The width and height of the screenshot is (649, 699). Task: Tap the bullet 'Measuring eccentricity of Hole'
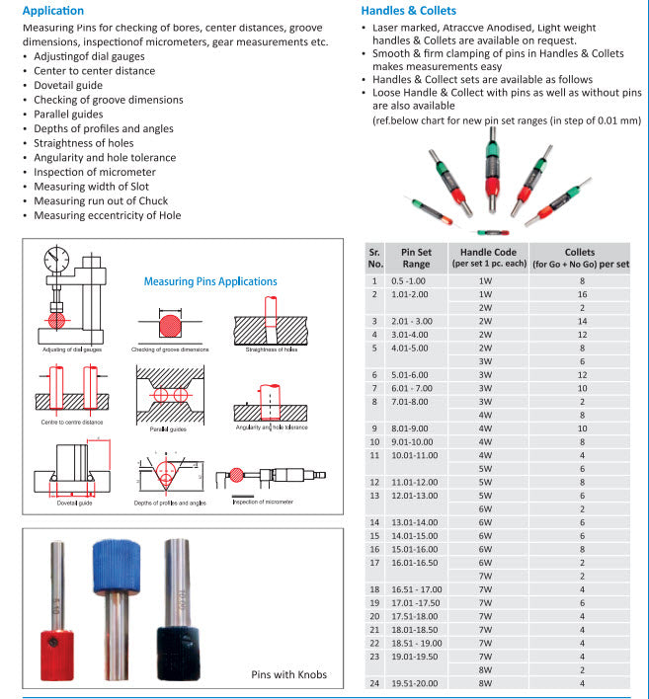point(107,215)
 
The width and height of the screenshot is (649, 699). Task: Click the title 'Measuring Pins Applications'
point(210,281)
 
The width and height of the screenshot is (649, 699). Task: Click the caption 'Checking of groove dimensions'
point(169,349)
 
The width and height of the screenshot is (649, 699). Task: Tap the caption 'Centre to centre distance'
point(71,423)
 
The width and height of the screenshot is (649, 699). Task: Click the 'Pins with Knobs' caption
point(287,675)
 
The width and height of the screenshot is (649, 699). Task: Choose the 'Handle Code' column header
point(484,258)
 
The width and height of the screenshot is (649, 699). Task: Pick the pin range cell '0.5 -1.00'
point(410,281)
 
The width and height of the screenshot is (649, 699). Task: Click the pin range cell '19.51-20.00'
point(415,683)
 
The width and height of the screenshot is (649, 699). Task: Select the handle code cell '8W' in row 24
point(485,683)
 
